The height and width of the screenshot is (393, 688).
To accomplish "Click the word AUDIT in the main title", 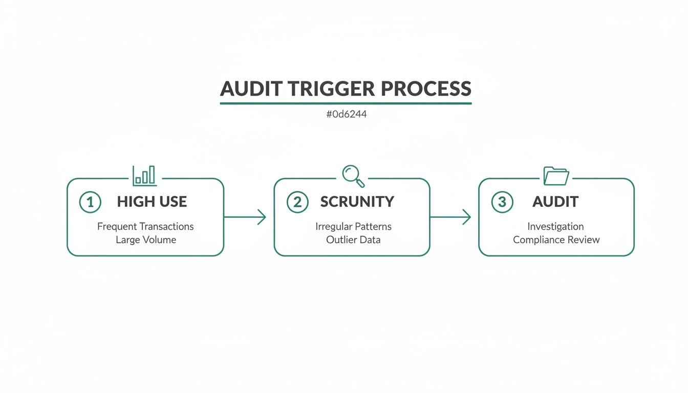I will click(x=251, y=89).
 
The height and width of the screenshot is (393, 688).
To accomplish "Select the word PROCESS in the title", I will click(x=426, y=89).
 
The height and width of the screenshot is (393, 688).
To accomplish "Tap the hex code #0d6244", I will click(x=346, y=115).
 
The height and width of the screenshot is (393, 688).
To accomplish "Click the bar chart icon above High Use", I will click(x=144, y=176).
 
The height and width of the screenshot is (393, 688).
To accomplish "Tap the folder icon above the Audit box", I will click(x=556, y=176).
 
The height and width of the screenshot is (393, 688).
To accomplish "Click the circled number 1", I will click(x=90, y=202).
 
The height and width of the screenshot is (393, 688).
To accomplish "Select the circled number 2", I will click(x=297, y=202).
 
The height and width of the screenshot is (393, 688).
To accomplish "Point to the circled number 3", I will click(x=502, y=202).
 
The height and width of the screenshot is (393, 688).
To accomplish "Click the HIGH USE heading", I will click(x=152, y=202).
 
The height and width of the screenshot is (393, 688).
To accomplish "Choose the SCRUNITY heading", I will click(x=357, y=202).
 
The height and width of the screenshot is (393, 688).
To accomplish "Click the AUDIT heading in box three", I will click(x=555, y=202).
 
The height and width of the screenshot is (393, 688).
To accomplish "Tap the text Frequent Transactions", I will click(x=145, y=226).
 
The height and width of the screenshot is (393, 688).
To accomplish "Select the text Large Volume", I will click(x=146, y=239).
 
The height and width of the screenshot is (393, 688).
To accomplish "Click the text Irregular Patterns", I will click(x=353, y=226).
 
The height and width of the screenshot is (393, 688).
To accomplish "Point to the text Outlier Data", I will click(x=353, y=239).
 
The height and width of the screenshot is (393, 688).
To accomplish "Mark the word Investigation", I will click(x=555, y=226).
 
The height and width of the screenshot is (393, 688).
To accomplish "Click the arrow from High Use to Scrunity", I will click(x=245, y=217).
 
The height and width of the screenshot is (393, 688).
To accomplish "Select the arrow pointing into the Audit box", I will click(x=450, y=217).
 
